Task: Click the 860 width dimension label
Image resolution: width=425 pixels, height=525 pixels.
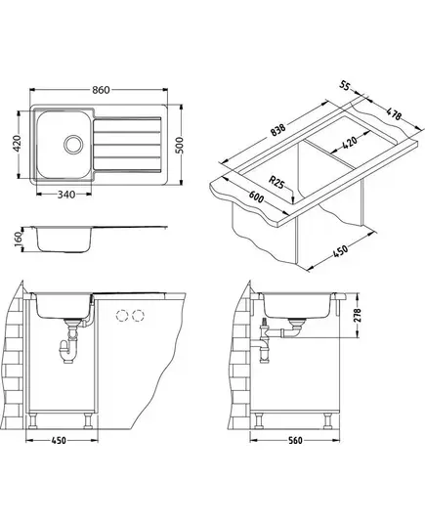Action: pos(101,90)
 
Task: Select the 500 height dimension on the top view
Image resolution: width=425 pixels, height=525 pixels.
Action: pos(180,145)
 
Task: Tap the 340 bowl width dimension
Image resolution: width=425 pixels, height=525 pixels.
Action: pos(66,195)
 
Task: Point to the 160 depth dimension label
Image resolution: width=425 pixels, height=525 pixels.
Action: pos(18,239)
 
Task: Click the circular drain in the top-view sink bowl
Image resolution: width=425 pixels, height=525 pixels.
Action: pos(73,145)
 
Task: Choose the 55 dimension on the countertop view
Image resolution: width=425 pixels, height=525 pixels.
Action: pos(345,86)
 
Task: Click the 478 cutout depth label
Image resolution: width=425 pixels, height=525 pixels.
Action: pos(394,113)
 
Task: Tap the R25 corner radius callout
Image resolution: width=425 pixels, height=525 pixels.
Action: pos(276,183)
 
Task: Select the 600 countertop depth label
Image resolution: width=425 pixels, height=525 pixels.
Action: pos(257,197)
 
